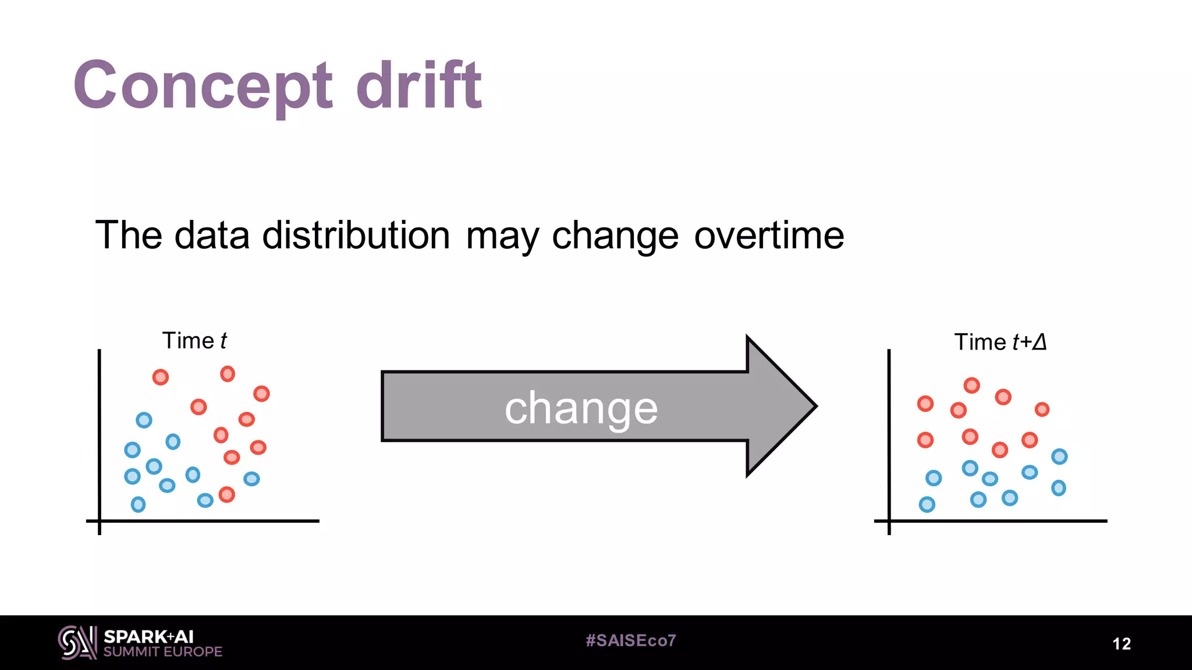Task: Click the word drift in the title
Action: (x=418, y=86)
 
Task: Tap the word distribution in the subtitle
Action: (x=356, y=236)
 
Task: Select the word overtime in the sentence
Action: (x=769, y=236)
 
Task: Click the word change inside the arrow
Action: (x=581, y=408)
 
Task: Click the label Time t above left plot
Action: (x=194, y=341)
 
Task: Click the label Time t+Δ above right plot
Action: (x=1000, y=342)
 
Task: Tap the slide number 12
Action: (x=1122, y=644)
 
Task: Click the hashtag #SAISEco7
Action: (x=631, y=641)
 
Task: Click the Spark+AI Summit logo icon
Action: (x=77, y=643)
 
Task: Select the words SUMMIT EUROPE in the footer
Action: (x=163, y=652)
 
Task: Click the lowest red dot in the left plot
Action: (x=226, y=495)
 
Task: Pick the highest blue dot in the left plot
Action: (x=144, y=420)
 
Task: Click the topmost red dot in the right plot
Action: (x=971, y=385)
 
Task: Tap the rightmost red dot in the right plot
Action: (x=1042, y=409)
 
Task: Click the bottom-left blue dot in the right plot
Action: (x=927, y=504)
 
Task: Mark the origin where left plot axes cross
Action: (x=100, y=521)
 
